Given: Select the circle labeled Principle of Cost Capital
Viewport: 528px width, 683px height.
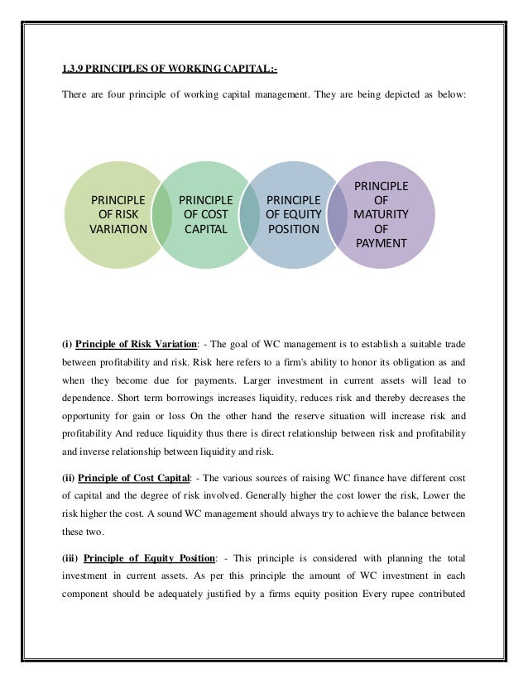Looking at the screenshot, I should (x=205, y=214).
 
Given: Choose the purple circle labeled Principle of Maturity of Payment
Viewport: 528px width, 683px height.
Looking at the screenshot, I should (x=381, y=214).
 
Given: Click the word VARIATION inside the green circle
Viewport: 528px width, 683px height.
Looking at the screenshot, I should (x=118, y=230).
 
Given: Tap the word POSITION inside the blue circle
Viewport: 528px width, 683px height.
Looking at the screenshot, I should (x=293, y=229).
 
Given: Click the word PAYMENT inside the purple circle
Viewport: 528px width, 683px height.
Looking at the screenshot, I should (x=381, y=243).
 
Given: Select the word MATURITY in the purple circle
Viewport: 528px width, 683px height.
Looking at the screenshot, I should (x=381, y=214).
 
